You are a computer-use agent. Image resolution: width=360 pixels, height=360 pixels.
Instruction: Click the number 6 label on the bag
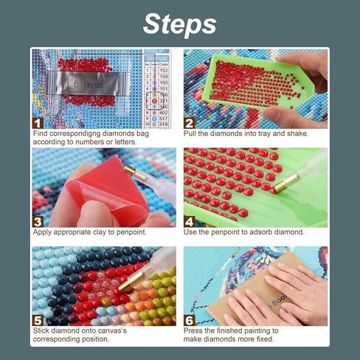coord(75,85)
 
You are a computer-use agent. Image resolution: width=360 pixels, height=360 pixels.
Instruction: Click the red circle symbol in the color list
coord(154,100)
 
